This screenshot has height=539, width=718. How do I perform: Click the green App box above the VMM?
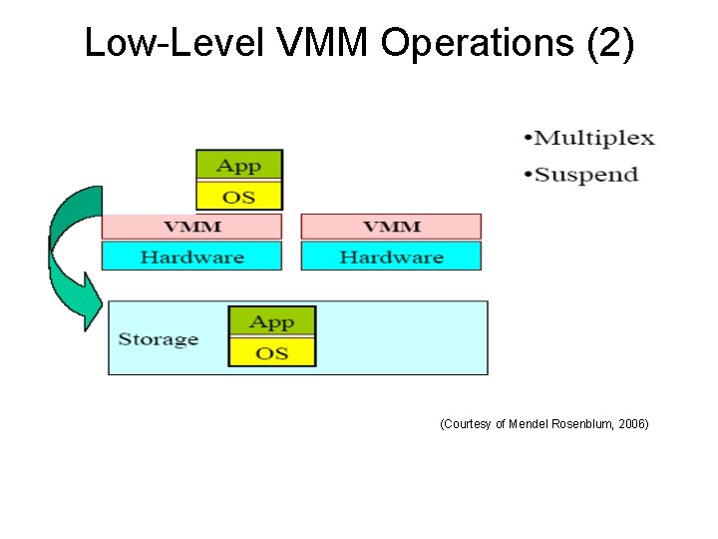click(x=239, y=166)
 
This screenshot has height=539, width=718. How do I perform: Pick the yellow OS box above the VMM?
click(x=239, y=196)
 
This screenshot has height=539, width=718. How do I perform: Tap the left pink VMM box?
click(x=191, y=227)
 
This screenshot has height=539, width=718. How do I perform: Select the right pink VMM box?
click(x=391, y=227)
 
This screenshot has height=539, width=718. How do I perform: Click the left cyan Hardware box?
click(x=191, y=257)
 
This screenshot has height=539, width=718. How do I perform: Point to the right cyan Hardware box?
click(x=391, y=257)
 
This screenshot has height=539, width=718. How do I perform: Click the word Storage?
click(x=158, y=339)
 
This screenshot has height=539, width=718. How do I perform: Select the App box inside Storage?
click(x=272, y=322)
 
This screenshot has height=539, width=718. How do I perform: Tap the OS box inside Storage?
click(x=272, y=352)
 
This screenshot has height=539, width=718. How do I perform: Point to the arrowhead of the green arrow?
click(x=90, y=303)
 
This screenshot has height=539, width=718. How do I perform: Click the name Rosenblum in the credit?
click(x=587, y=424)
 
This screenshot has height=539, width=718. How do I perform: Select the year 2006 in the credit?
click(x=631, y=424)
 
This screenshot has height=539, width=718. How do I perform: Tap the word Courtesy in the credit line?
click(x=467, y=424)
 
